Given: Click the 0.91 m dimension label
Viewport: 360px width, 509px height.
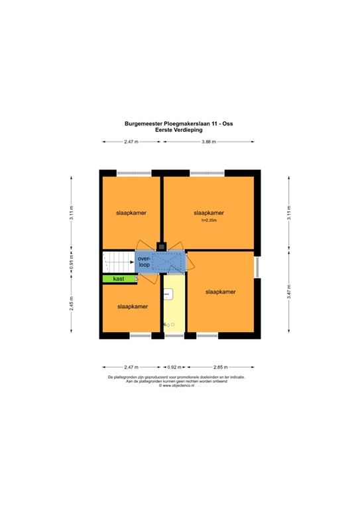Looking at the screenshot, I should coord(72,262).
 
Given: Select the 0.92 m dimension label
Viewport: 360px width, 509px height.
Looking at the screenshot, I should coord(173,367).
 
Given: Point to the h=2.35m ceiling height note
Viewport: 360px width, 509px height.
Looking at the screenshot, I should coord(209,221).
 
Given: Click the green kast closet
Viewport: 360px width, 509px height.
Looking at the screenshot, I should coord(119,279).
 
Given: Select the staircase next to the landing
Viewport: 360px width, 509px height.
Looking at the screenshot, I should coord(117,262).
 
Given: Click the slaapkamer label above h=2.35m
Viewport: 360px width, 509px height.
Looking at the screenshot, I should coord(209,213).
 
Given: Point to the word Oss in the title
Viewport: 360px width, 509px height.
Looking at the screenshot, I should coord(228,123).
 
